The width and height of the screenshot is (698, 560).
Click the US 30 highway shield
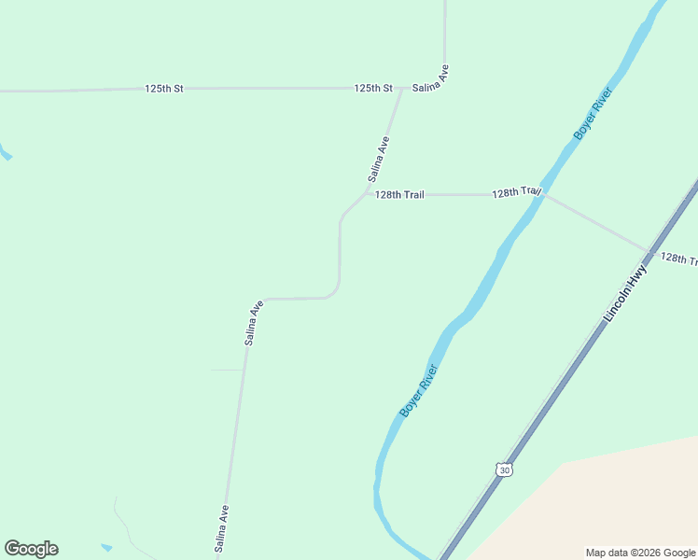(x=504, y=469)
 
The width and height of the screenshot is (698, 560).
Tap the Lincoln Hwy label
(x=625, y=293)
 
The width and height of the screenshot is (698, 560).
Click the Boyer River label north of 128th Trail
(x=593, y=115)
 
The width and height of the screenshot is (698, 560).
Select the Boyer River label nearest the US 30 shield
(x=418, y=390)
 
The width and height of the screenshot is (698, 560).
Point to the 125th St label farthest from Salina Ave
(x=164, y=88)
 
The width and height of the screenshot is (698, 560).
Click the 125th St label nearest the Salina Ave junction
(x=373, y=88)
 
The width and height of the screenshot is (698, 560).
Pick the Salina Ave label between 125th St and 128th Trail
(x=378, y=159)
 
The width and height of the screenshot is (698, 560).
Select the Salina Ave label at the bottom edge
(x=222, y=528)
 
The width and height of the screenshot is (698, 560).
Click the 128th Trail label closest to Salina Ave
(x=399, y=194)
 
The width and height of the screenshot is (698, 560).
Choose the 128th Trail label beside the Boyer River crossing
(x=516, y=192)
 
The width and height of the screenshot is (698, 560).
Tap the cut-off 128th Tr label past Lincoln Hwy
(x=678, y=258)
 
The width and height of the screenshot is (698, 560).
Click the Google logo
(x=32, y=549)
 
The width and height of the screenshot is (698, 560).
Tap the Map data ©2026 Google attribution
(x=640, y=553)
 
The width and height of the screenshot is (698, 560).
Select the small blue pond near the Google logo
(x=106, y=547)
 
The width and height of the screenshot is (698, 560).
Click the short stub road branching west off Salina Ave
(x=227, y=371)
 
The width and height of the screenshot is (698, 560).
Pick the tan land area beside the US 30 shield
(x=597, y=504)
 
